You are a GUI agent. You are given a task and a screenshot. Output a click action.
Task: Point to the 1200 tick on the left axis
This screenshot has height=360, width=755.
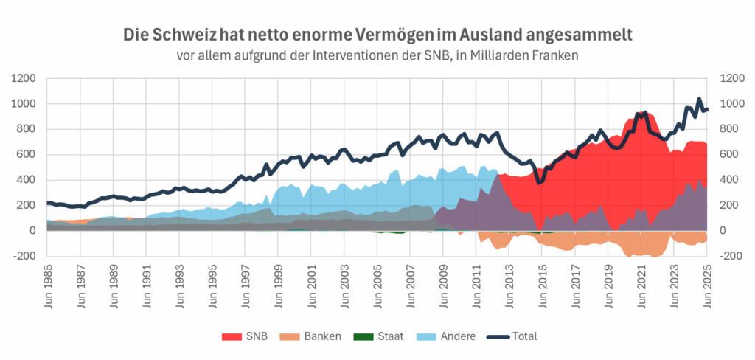(25, 78)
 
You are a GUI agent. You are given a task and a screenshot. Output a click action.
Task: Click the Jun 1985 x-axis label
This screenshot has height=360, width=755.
(48, 284)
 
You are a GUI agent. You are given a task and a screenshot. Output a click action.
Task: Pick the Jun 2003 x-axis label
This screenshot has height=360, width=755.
(344, 284)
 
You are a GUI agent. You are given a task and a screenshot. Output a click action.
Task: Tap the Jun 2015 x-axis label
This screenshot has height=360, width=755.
(542, 284)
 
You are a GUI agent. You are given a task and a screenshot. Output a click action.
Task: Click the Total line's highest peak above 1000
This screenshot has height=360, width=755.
(699, 99)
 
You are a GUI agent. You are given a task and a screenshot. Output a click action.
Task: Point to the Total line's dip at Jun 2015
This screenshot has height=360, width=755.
(540, 181)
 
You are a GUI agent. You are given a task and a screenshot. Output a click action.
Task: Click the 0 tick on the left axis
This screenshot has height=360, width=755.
(32, 231)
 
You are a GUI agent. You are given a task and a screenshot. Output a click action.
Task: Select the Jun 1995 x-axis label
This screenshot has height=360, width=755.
(212, 284)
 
